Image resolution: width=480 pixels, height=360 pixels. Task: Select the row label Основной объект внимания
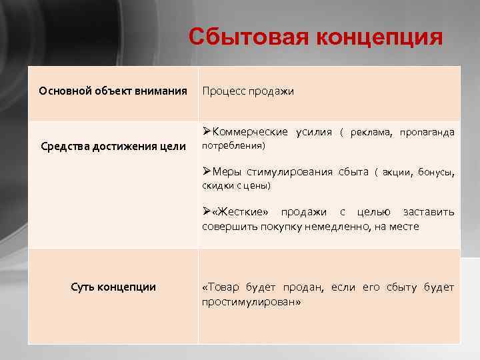coord(113,90)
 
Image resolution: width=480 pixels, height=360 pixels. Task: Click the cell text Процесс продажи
coord(247,91)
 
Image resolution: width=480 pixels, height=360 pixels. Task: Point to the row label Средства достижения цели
coord(113,146)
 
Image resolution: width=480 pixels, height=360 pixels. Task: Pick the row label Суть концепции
coord(113,287)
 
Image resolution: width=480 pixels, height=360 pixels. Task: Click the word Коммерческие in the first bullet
coord(249,132)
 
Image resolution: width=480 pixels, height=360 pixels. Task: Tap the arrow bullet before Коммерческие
coord(207,132)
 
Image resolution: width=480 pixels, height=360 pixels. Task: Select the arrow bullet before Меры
coord(207,172)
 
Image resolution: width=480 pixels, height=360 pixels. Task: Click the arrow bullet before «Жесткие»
coord(207,212)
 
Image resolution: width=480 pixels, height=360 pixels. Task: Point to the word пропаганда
coord(427,132)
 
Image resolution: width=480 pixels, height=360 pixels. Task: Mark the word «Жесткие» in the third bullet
coord(241,212)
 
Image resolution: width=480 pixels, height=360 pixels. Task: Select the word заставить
coord(429,212)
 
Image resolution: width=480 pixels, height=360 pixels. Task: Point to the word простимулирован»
coord(251,301)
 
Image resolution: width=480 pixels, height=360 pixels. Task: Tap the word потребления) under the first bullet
coord(233,145)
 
